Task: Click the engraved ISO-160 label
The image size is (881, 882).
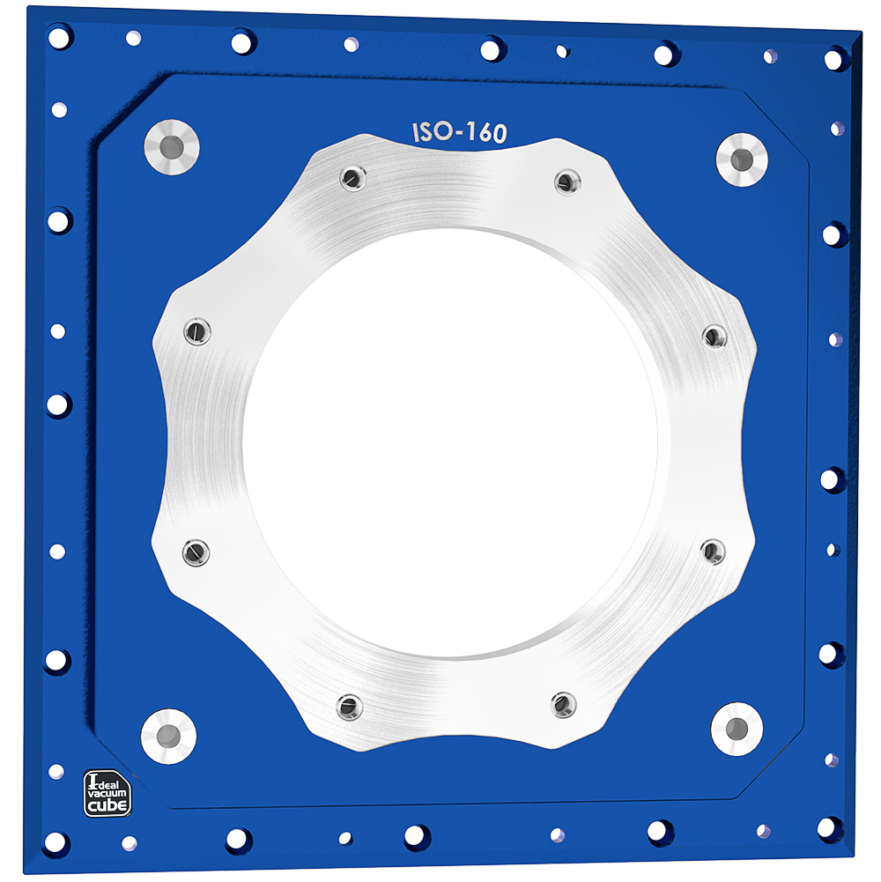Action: point(459,133)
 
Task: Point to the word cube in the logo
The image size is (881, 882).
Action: point(107,804)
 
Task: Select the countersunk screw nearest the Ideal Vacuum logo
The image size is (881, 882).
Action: point(168,734)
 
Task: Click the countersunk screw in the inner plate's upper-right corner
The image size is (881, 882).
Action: point(741,159)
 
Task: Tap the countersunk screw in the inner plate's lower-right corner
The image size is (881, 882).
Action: point(737,728)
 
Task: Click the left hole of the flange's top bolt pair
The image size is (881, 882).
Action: point(351,178)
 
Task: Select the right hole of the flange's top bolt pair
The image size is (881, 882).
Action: point(567,182)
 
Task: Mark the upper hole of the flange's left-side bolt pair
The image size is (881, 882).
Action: point(196,331)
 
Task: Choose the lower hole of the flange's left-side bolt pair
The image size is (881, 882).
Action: point(196,552)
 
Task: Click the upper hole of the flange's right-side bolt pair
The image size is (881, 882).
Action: point(714,336)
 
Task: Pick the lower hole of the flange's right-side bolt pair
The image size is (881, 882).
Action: point(712,552)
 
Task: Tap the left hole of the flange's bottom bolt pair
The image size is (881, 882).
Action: point(350,705)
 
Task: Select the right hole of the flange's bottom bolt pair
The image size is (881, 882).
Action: point(563,704)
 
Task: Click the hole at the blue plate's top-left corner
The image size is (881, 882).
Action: point(59,38)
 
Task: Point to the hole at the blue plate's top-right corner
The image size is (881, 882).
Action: point(833,58)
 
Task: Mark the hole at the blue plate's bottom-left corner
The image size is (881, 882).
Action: point(56,841)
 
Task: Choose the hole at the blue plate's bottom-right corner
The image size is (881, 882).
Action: point(829,827)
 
